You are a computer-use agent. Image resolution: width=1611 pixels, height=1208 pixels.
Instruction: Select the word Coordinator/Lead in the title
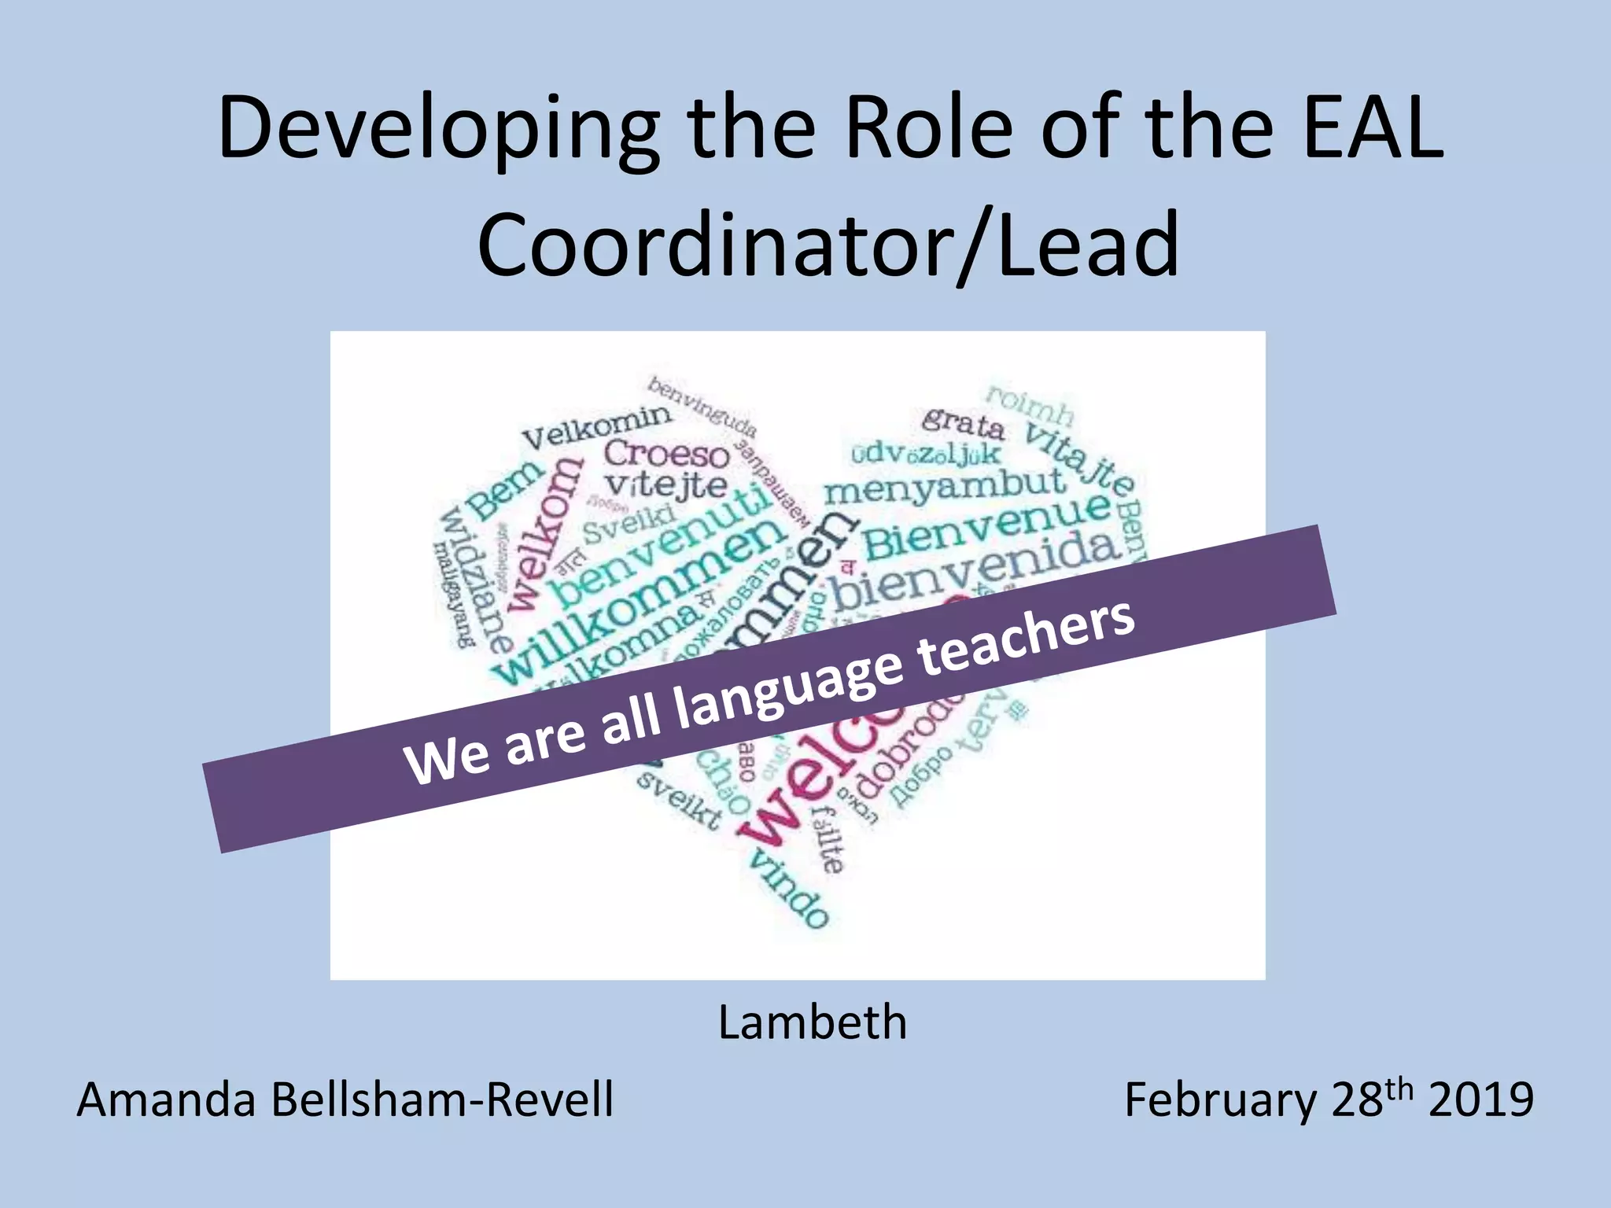(x=828, y=245)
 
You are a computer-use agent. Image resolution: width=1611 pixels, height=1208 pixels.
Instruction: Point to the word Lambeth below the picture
(x=813, y=1022)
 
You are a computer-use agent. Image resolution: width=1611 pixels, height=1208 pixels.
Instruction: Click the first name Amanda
(x=166, y=1099)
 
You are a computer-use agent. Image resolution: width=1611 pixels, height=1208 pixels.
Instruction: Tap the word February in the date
(x=1220, y=1099)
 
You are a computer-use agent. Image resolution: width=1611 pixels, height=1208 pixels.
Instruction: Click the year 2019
(x=1480, y=1099)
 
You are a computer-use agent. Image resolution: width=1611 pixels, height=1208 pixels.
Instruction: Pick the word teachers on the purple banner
(x=1026, y=638)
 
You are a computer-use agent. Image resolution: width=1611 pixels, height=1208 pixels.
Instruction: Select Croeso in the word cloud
(x=667, y=454)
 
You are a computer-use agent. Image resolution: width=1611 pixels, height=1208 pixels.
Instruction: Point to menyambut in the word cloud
(x=944, y=485)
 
